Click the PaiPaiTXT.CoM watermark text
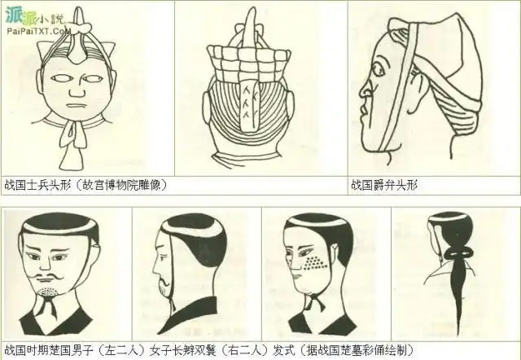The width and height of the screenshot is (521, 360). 39,31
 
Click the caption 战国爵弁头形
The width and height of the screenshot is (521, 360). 384,185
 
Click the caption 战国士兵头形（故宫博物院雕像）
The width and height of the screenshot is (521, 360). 85,185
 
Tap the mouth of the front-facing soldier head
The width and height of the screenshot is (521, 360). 77,106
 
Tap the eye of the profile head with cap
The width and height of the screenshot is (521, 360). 378,70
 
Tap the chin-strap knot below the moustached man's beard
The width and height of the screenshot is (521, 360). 48,304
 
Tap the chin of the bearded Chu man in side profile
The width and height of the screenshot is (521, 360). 164,292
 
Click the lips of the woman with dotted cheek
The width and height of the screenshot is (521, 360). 297,275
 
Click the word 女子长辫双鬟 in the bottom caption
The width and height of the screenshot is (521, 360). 182,350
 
